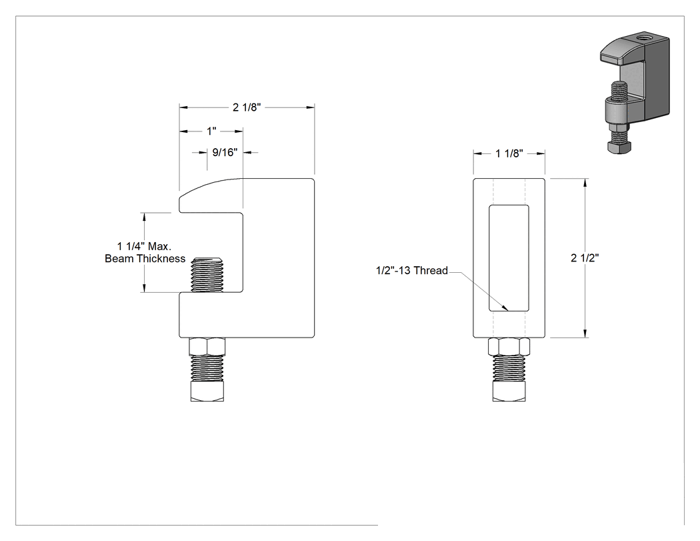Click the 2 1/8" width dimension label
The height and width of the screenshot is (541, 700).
tap(247, 107)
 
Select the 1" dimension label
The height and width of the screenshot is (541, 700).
tap(211, 131)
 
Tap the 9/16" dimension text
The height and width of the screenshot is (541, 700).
tap(225, 152)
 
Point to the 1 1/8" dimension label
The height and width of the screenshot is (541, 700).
tap(509, 153)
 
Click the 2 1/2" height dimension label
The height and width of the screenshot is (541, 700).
tap(585, 257)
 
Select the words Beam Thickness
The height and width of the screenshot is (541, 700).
tap(145, 259)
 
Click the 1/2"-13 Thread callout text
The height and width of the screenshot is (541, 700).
tap(411, 270)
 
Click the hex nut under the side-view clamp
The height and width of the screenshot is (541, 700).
tap(207, 347)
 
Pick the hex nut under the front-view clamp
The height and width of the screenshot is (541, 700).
tap(509, 347)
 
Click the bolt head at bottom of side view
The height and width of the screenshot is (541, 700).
tap(207, 391)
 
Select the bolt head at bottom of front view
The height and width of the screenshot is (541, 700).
tap(509, 391)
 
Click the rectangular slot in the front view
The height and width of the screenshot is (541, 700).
tap(509, 257)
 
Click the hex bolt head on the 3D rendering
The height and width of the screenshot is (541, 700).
tap(619, 147)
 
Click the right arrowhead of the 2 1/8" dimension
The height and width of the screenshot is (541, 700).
tap(309, 107)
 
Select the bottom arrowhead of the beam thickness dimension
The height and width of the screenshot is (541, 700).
tap(144, 288)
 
